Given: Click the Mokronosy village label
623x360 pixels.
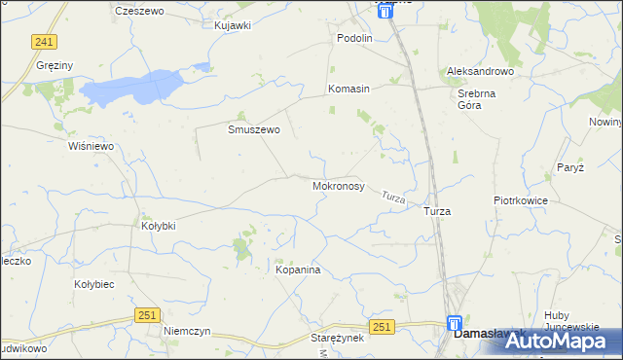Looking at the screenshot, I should tap(339, 185).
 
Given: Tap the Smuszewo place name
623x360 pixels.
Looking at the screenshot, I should tap(254, 129).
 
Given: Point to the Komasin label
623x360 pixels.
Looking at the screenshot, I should tap(348, 89).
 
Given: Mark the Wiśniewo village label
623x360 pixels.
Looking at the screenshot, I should tap(92, 146).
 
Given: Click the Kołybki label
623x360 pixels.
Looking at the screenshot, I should tap(159, 226).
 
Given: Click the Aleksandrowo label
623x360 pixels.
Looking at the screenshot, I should tap(479, 72).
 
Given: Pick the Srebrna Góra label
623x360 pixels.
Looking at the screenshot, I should tap(478, 100).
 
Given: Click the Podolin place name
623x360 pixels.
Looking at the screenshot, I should tap(354, 38).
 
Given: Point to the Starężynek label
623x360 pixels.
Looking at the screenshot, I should tap(337, 337).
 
